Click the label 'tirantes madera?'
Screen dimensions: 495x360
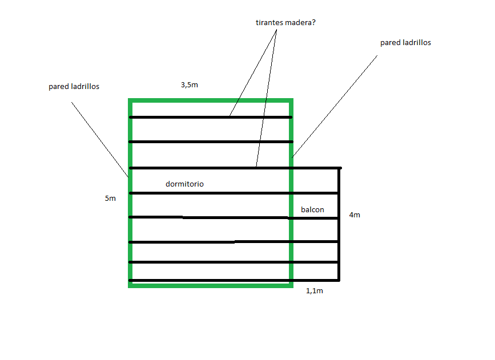tap(285, 23)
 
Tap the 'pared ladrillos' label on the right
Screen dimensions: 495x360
tap(405, 43)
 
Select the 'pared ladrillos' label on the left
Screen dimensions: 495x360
tap(74, 87)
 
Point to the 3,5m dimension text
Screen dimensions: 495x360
tap(190, 85)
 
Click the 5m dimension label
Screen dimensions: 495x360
tap(110, 199)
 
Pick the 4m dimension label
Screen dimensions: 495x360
tap(355, 215)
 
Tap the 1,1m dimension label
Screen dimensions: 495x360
tap(315, 291)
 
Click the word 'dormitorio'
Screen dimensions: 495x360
tap(184, 184)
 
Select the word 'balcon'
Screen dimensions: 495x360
tap(312, 210)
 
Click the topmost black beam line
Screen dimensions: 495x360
tap(211, 118)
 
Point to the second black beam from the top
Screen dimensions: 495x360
tap(211, 142)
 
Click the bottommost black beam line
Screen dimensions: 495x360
tap(234, 280)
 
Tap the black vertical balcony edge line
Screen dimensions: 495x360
tap(339, 224)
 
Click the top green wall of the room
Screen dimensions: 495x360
tap(211, 100)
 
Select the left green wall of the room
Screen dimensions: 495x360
tap(130, 193)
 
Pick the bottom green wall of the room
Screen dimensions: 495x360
tap(211, 285)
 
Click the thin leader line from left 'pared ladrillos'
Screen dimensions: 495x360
tap(100, 140)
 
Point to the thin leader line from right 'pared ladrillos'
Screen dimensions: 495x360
tap(335, 106)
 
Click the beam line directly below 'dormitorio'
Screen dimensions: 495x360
tap(234, 193)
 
